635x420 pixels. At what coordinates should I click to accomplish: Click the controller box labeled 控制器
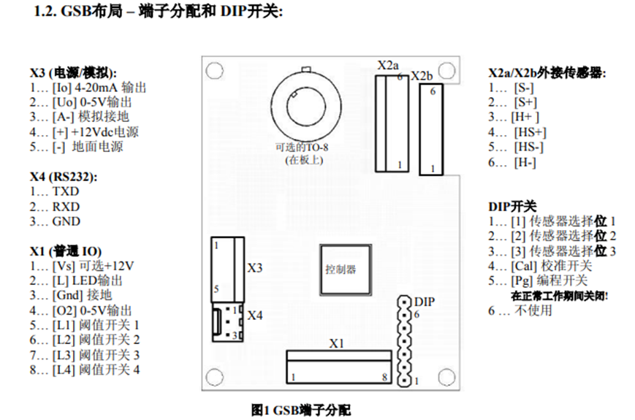341,270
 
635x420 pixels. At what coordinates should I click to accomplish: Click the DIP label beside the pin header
424,301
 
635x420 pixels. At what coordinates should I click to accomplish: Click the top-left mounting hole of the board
213,71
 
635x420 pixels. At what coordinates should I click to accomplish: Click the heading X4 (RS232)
64,176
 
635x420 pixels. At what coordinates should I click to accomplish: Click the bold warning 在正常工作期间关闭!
560,296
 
